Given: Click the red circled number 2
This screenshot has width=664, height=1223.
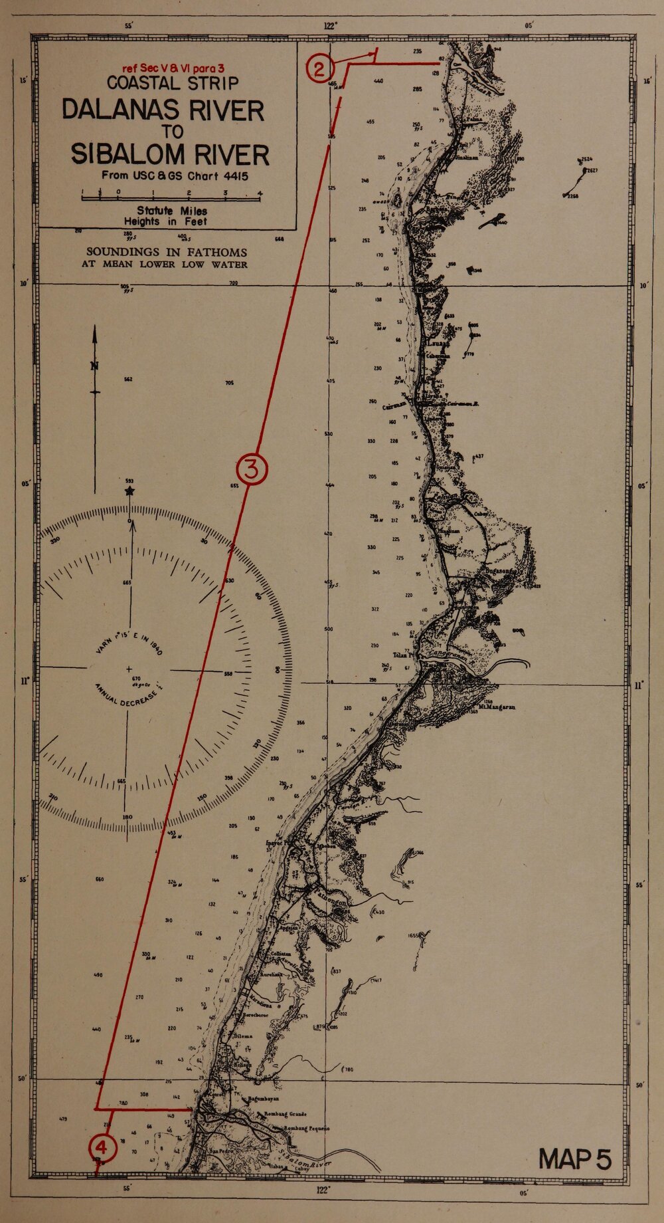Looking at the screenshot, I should click(x=319, y=69).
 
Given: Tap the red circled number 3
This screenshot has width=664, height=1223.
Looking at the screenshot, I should click(x=252, y=469).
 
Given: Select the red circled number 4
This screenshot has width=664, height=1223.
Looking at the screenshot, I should click(x=102, y=1147).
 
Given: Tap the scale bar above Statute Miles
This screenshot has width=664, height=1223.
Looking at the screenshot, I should click(x=171, y=194).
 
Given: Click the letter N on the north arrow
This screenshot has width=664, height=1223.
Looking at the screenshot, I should click(x=95, y=365).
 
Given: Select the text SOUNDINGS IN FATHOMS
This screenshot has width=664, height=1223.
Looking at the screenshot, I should click(x=166, y=253).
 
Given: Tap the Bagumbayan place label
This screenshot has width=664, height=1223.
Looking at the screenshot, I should click(x=265, y=1101).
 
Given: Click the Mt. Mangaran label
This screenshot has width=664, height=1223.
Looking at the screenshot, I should click(x=497, y=706).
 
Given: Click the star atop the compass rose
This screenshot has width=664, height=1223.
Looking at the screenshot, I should click(x=129, y=491).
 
